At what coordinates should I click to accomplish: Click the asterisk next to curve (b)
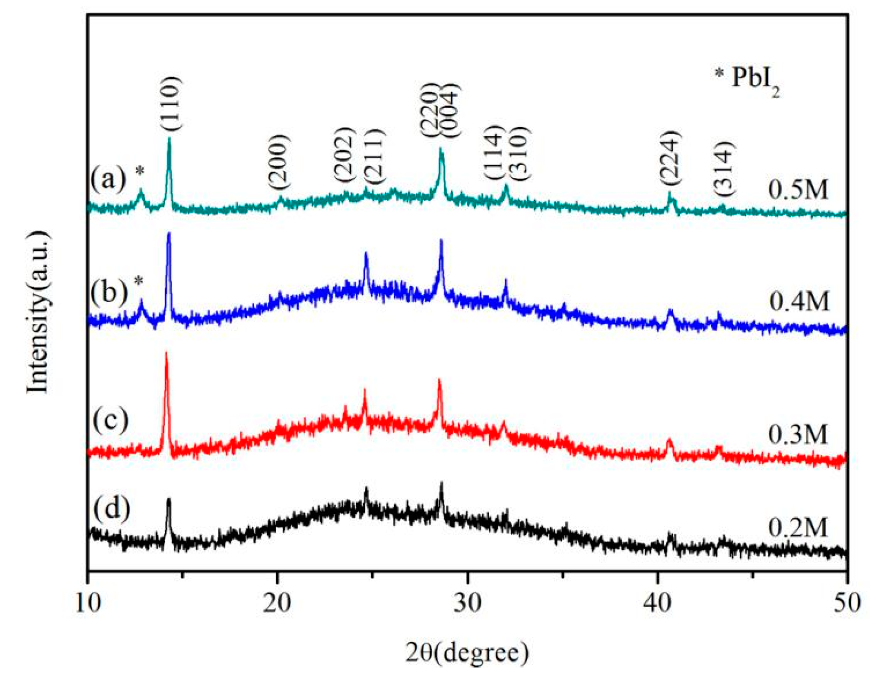click(139, 282)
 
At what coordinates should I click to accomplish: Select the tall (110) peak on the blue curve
click(169, 235)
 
